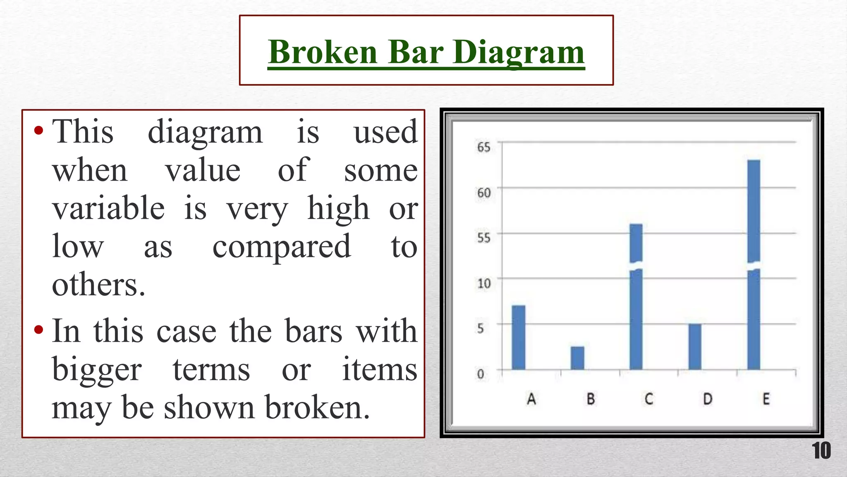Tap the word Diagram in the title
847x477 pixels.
(519, 53)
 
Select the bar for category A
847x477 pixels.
(519, 337)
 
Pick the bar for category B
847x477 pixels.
(577, 358)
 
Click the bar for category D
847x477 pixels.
(695, 347)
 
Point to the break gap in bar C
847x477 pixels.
(636, 266)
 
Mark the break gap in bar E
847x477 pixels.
(754, 265)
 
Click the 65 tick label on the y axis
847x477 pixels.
(483, 147)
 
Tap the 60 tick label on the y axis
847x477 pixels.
(483, 193)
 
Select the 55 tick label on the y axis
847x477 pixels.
(483, 238)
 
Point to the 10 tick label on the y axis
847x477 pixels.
(483, 284)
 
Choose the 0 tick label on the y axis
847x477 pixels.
(480, 374)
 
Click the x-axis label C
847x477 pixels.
(648, 399)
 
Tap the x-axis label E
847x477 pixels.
(766, 399)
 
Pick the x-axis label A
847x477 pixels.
(531, 399)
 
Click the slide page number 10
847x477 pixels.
(821, 451)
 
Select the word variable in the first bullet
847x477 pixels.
(108, 208)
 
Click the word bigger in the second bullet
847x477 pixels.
(97, 370)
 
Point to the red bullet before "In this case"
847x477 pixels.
(39, 330)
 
